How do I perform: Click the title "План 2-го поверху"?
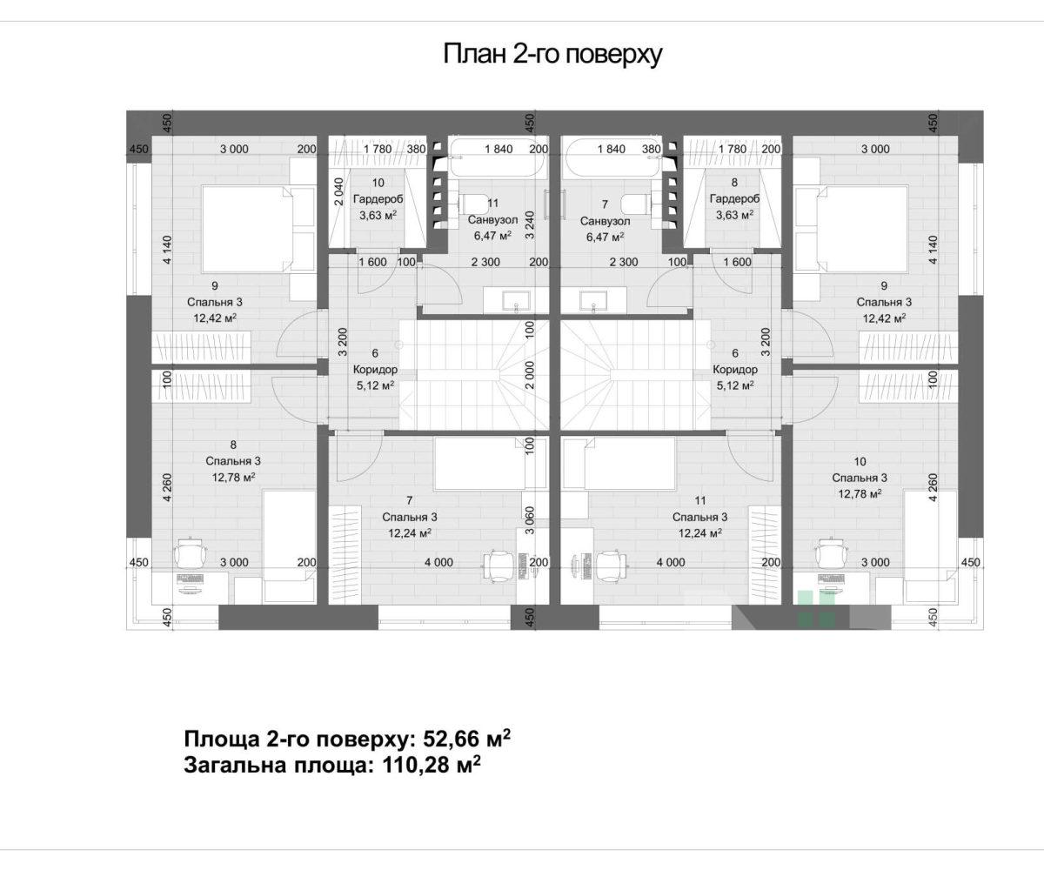tap(552, 53)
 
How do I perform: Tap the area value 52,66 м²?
tap(467, 738)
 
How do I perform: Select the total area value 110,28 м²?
tap(432, 765)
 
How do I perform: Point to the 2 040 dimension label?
tap(338, 191)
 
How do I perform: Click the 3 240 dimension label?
tap(530, 225)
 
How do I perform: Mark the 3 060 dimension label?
tap(530, 520)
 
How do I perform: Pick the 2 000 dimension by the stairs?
tap(530, 375)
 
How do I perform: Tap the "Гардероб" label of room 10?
tap(378, 199)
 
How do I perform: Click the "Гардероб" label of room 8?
tap(734, 198)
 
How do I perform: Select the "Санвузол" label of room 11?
tap(492, 220)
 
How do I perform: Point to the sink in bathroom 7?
tap(593, 302)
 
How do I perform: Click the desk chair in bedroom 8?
tap(191, 553)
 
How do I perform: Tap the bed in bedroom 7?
tap(480, 464)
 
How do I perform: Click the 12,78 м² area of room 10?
tap(860, 494)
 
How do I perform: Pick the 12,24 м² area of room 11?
tap(700, 533)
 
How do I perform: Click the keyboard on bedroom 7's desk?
tap(523, 565)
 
